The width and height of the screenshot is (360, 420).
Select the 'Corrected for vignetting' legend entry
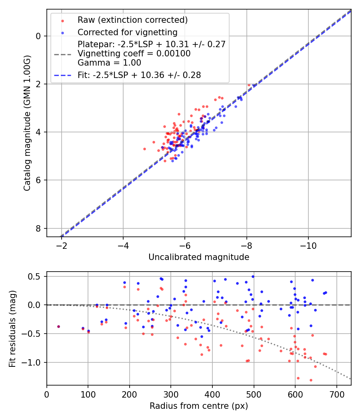click(x=127, y=32)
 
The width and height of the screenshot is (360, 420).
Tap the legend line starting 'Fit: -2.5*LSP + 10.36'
click(x=139, y=75)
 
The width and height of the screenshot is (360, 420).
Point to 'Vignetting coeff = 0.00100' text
click(x=134, y=54)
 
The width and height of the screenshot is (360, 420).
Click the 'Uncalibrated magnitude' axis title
click(x=199, y=257)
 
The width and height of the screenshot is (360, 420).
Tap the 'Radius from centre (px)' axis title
click(x=199, y=406)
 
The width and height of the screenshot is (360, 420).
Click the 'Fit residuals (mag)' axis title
click(x=12, y=328)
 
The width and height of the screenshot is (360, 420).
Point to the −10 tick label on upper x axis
click(x=308, y=245)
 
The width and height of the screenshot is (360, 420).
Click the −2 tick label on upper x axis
click(x=62, y=245)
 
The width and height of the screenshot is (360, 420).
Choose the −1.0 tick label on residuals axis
click(x=33, y=362)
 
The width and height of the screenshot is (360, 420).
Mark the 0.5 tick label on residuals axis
click(x=36, y=276)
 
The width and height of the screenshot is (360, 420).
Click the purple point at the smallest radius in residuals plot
click(x=58, y=327)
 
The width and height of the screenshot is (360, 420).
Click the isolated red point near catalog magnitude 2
click(x=249, y=85)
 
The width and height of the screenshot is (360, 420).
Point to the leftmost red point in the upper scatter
click(x=144, y=149)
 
